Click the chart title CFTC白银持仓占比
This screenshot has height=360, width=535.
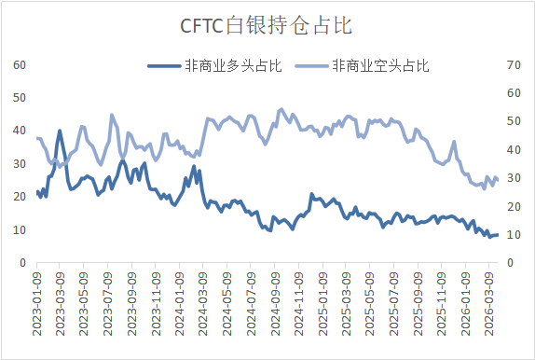click(267, 25)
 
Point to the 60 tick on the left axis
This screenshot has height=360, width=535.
click(19, 64)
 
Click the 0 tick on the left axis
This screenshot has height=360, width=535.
click(22, 263)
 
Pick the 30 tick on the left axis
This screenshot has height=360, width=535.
click(19, 164)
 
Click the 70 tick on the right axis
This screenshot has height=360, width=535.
click(511, 64)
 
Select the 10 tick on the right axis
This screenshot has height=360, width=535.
click(511, 235)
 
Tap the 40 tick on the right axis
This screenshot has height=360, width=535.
click(511, 149)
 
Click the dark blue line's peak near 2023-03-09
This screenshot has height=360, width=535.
click(60, 131)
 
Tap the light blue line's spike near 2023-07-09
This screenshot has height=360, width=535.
click(112, 115)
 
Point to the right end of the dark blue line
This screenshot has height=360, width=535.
click(498, 235)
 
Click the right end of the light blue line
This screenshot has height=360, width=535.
click(498, 180)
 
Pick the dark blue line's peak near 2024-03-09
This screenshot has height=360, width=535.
click(194, 167)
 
